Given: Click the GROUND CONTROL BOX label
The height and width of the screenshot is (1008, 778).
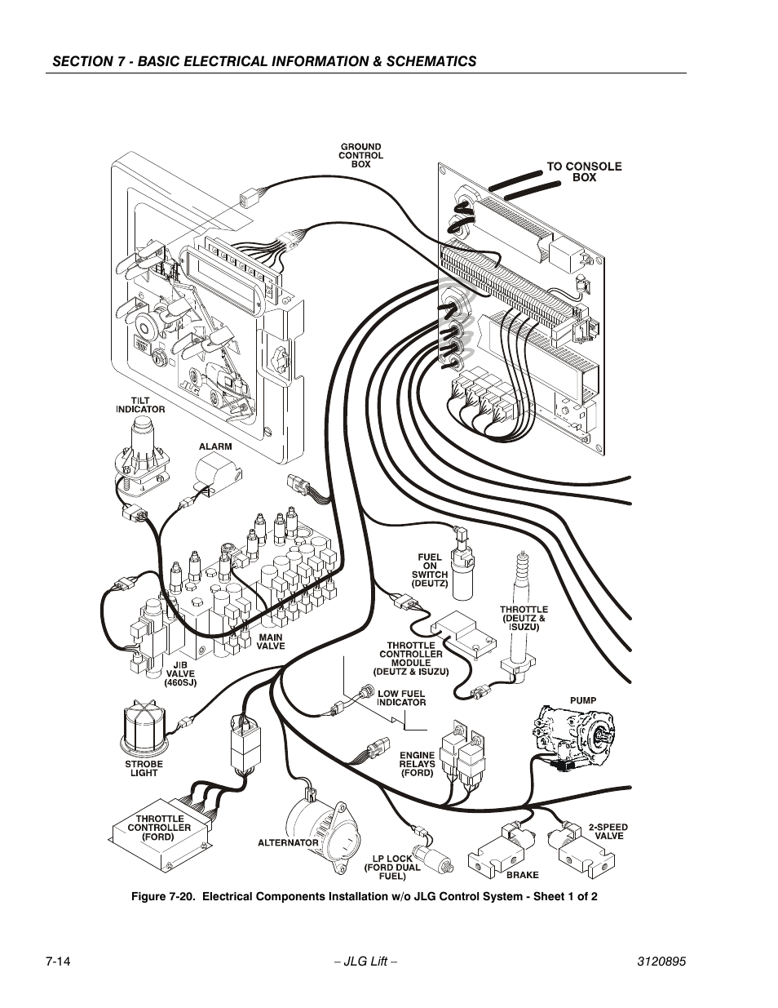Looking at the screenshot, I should click(x=360, y=155).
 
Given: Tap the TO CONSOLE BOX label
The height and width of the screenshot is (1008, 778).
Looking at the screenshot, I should click(x=584, y=171).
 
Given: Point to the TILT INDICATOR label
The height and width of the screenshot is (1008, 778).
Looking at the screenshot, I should click(x=139, y=405).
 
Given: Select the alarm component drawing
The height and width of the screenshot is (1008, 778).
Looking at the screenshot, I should click(x=216, y=473).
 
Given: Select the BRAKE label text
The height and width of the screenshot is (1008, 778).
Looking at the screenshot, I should click(x=523, y=875).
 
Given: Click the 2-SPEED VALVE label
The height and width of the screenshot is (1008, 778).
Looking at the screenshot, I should click(x=608, y=832).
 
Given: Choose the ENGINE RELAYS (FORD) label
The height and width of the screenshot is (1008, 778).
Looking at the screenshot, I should click(x=417, y=764).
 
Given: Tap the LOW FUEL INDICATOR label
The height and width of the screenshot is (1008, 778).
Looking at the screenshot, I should click(x=401, y=698).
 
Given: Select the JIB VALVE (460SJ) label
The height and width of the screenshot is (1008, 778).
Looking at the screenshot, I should click(x=180, y=674).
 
